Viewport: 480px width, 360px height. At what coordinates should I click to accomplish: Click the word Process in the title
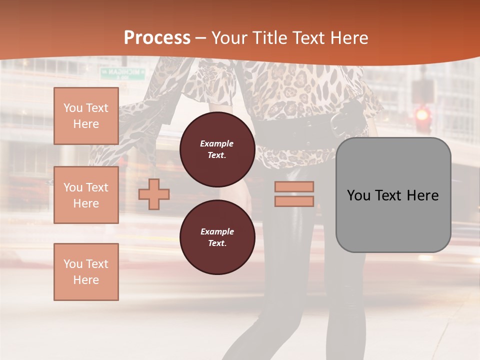[157, 38]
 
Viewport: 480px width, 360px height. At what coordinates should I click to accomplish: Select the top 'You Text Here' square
[86, 116]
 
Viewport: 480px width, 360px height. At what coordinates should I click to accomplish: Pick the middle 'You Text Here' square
[86, 195]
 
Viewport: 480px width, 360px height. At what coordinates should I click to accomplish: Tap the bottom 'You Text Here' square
[86, 272]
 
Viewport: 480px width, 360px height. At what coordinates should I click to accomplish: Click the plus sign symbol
[154, 194]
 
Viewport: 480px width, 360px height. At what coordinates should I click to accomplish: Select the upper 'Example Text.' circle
[217, 149]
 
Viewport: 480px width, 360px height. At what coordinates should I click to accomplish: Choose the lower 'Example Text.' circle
[217, 237]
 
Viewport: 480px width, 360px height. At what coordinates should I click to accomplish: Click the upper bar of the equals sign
[294, 186]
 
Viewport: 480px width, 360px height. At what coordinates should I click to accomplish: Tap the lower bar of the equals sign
[294, 201]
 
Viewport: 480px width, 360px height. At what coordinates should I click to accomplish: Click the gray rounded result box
[393, 195]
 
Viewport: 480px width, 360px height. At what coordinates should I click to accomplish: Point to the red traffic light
[423, 115]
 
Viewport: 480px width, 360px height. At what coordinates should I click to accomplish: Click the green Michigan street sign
[122, 72]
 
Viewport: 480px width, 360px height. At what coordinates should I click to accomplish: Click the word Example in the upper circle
[217, 143]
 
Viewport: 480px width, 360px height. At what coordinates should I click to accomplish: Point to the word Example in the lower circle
[217, 231]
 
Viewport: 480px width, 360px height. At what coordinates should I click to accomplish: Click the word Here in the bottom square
[86, 280]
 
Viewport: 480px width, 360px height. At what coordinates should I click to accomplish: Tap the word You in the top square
[73, 108]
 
